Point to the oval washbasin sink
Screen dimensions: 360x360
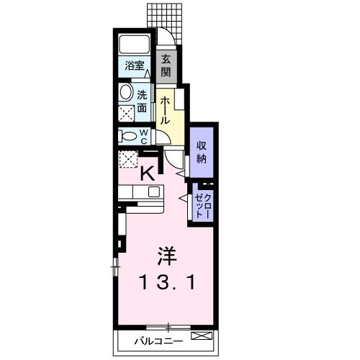point(127,93)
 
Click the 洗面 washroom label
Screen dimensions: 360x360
point(143,101)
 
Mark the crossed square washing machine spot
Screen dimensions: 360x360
point(127,114)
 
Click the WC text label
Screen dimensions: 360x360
point(144,136)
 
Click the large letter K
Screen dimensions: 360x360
point(148,173)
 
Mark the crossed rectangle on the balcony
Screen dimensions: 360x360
point(202,336)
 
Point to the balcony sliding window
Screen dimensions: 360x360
point(168,326)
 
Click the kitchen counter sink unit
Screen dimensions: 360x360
point(140,192)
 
